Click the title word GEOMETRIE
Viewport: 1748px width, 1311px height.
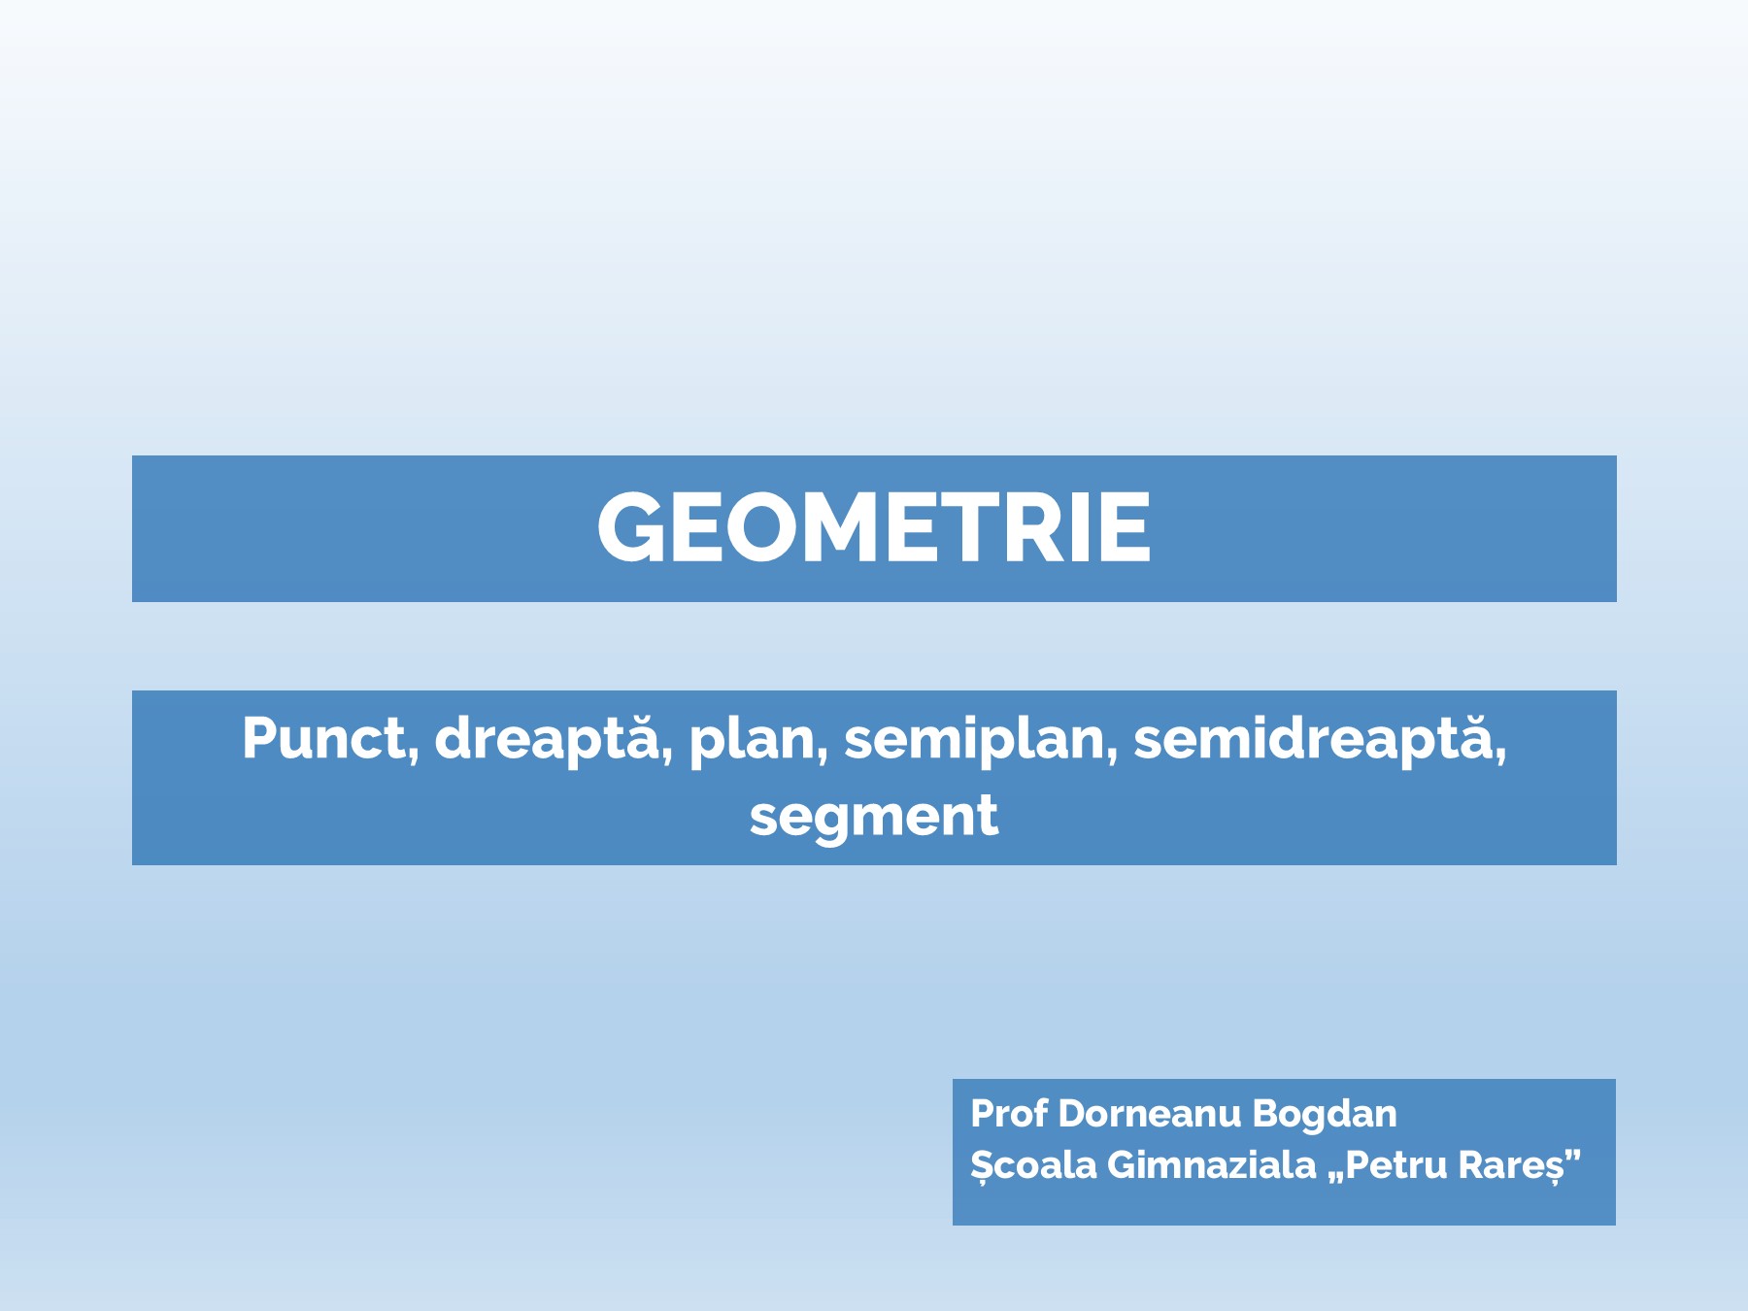tap(874, 527)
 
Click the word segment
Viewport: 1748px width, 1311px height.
tap(873, 816)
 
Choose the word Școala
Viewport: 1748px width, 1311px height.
tap(1033, 1164)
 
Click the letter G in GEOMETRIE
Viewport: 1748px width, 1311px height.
tap(631, 527)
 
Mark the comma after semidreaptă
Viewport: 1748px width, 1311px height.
tap(1500, 757)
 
